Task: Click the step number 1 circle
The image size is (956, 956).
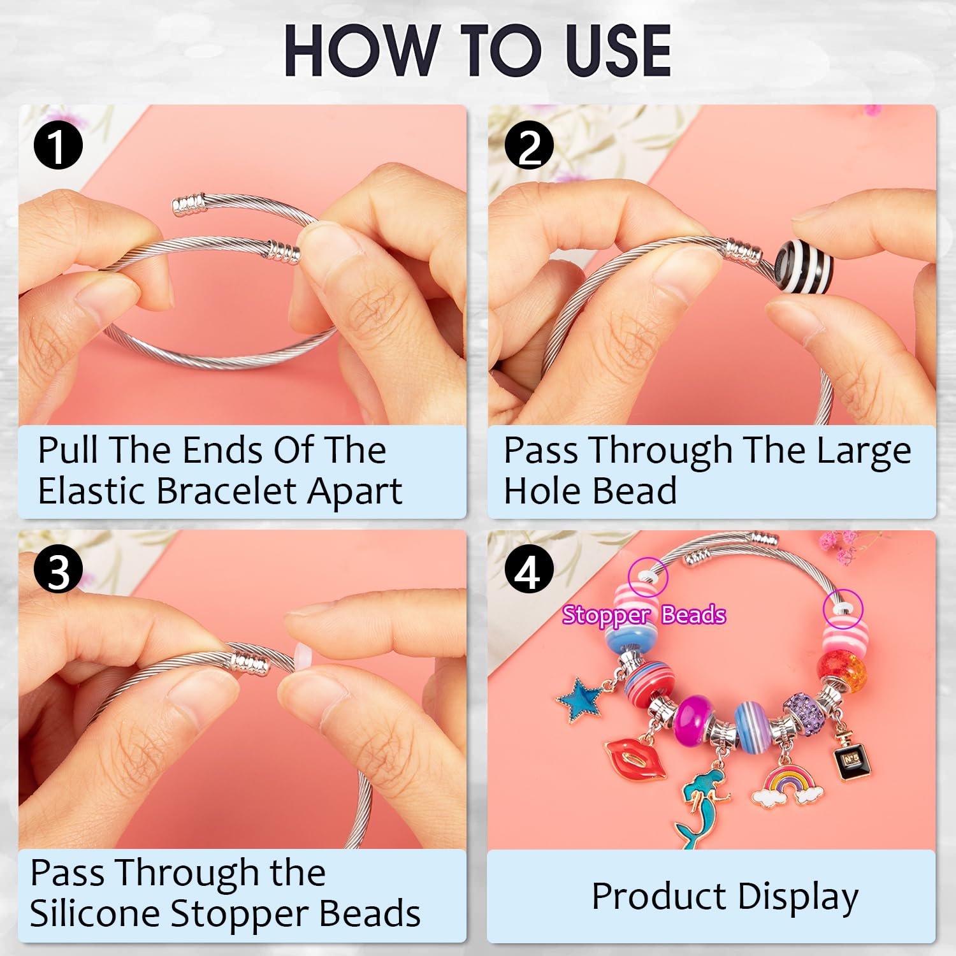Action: click(58, 146)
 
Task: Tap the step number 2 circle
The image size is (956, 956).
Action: click(528, 146)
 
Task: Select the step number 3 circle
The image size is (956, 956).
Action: click(58, 571)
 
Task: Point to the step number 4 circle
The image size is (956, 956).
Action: click(528, 571)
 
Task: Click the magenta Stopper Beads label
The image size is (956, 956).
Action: click(644, 615)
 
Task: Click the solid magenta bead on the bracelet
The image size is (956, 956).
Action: click(693, 718)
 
